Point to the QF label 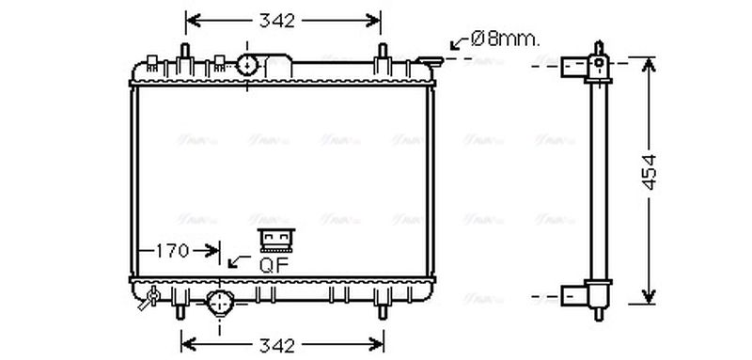(274, 264)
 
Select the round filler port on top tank (248, 65)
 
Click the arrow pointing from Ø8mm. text (459, 41)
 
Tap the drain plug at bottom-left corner (149, 302)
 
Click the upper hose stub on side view (575, 66)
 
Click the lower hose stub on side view (575, 296)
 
